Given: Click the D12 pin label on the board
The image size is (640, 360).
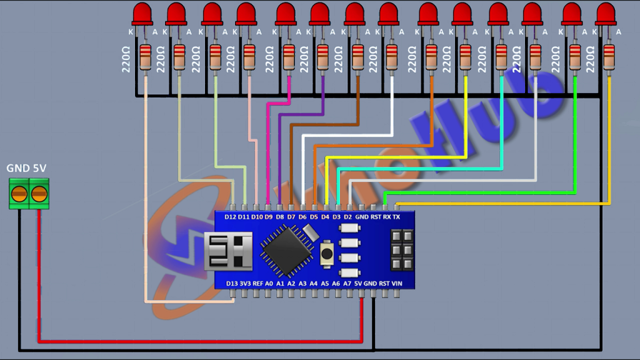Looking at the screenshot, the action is pos(230,217).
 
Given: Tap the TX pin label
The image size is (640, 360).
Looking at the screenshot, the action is pos(396,217).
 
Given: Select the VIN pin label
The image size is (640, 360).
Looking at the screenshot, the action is pos(397,283).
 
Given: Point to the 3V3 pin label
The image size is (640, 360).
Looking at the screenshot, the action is pos(245,283).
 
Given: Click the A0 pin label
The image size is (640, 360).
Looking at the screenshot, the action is pos(269,283).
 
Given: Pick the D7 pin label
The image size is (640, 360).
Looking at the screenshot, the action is pos(291,217).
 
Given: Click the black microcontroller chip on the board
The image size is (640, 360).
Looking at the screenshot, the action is pos(287,251).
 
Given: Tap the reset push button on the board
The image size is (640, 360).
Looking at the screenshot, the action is pos(326,254).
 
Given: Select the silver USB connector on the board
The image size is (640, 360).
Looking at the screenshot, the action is pos(228,251).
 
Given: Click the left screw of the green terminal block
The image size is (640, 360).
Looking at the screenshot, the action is pos(19,194).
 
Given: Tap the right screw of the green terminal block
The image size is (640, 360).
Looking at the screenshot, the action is pos(39,194).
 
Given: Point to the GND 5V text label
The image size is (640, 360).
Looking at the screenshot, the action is pos(26,167).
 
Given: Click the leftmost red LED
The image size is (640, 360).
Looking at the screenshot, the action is pos(142,14).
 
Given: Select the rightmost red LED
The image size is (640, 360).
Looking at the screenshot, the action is pos(606,14).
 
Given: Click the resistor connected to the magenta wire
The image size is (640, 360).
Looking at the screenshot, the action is pos(289,56).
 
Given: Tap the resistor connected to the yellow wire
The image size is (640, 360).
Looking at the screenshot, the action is pos(465,56).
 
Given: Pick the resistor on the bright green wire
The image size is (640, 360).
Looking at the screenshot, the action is pos(575,56).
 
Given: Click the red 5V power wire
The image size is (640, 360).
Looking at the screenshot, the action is pos(200,341).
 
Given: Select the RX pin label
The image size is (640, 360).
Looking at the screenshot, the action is pos(386,217).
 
